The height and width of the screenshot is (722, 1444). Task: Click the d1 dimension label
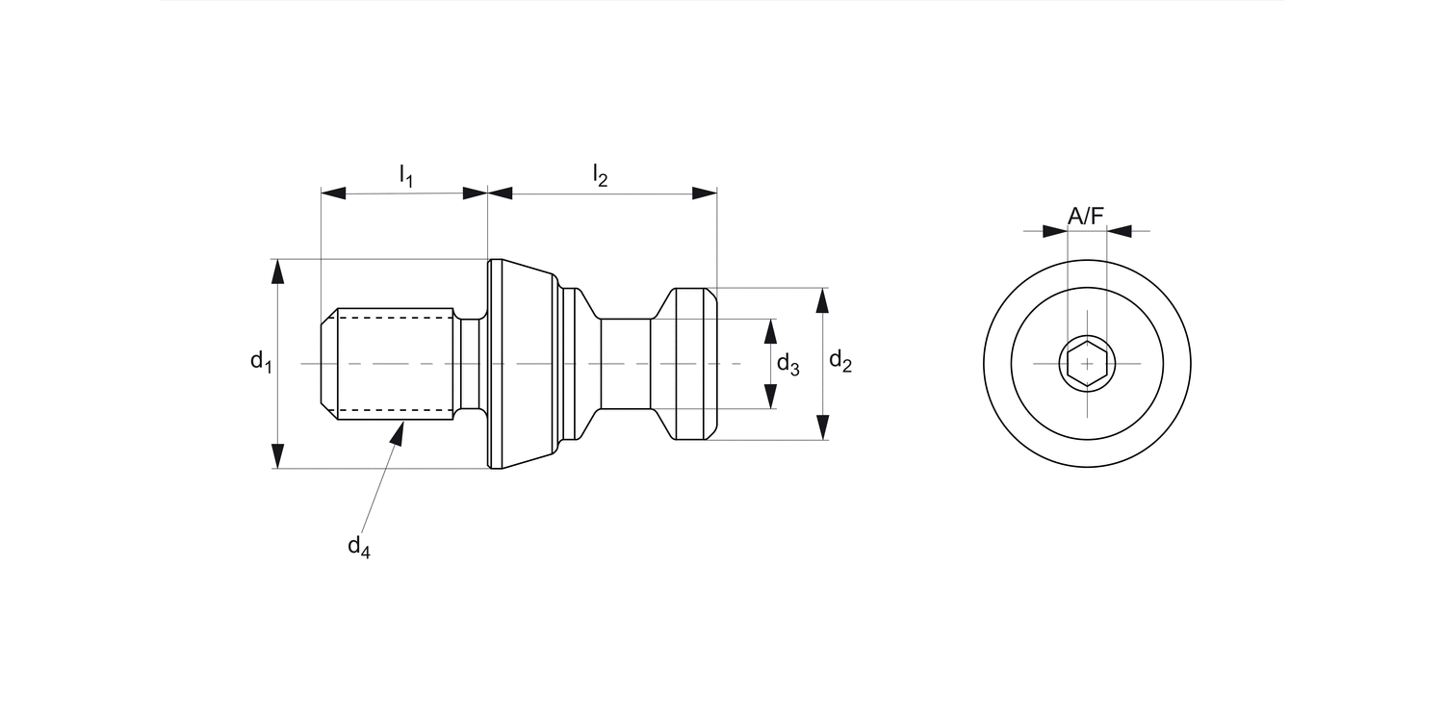[x=261, y=362]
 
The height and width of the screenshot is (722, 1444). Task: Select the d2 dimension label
[x=840, y=362]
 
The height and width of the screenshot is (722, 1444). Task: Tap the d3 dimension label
[x=787, y=364]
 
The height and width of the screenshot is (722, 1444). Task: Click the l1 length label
[x=406, y=175]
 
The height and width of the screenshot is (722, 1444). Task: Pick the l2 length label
[x=601, y=175]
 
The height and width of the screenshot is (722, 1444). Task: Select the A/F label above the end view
[x=1086, y=217]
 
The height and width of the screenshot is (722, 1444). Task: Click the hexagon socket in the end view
[x=1087, y=364]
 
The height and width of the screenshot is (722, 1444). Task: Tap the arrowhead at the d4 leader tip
[x=397, y=432]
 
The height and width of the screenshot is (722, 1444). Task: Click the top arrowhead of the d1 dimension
[x=278, y=271]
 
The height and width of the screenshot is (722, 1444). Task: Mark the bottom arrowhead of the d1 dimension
[x=278, y=455]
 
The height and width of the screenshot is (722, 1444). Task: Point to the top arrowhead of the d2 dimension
[x=822, y=300]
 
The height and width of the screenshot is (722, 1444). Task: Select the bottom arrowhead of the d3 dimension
[x=770, y=396]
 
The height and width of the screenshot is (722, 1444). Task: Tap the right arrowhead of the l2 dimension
[x=705, y=193]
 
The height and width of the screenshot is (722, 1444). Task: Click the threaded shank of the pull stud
[x=395, y=364]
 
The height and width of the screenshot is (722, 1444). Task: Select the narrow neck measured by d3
[x=626, y=364]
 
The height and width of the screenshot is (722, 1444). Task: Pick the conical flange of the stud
[x=525, y=364]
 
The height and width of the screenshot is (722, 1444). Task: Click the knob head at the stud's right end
[x=695, y=364]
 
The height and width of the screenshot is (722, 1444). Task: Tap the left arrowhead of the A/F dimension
[x=1055, y=231]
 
